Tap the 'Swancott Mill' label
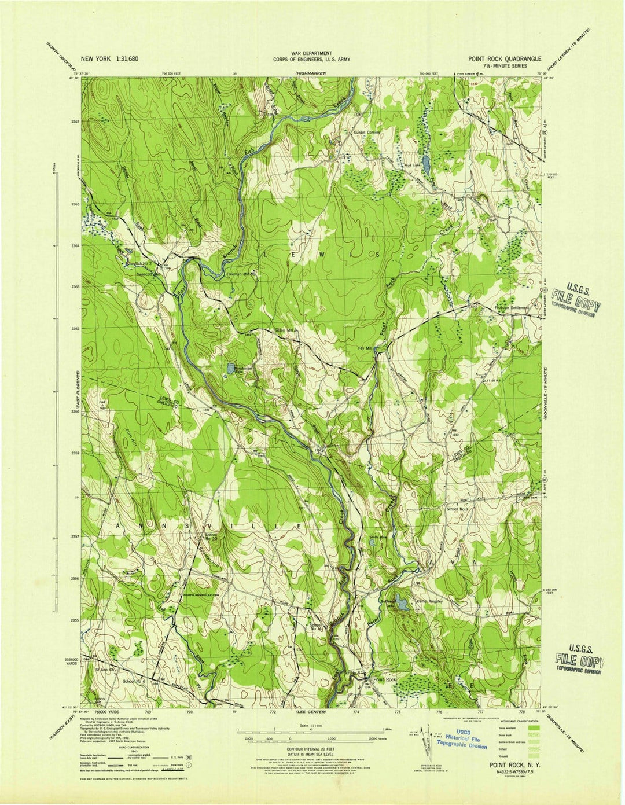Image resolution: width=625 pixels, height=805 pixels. coord(148,274)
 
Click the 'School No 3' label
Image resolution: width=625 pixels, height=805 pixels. coord(460,509)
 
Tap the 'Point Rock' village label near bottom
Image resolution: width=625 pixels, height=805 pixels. coord(385,679)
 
